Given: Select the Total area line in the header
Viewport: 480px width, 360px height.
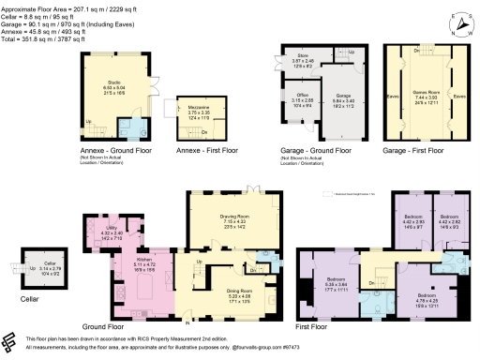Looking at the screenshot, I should [42, 40].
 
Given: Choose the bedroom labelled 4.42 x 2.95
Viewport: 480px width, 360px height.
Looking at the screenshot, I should [413, 220].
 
